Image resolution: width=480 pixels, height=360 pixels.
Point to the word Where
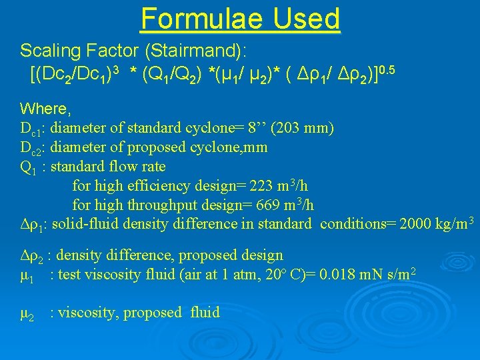coord(44,109)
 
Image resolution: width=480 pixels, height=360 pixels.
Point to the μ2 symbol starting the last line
coord(28,313)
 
